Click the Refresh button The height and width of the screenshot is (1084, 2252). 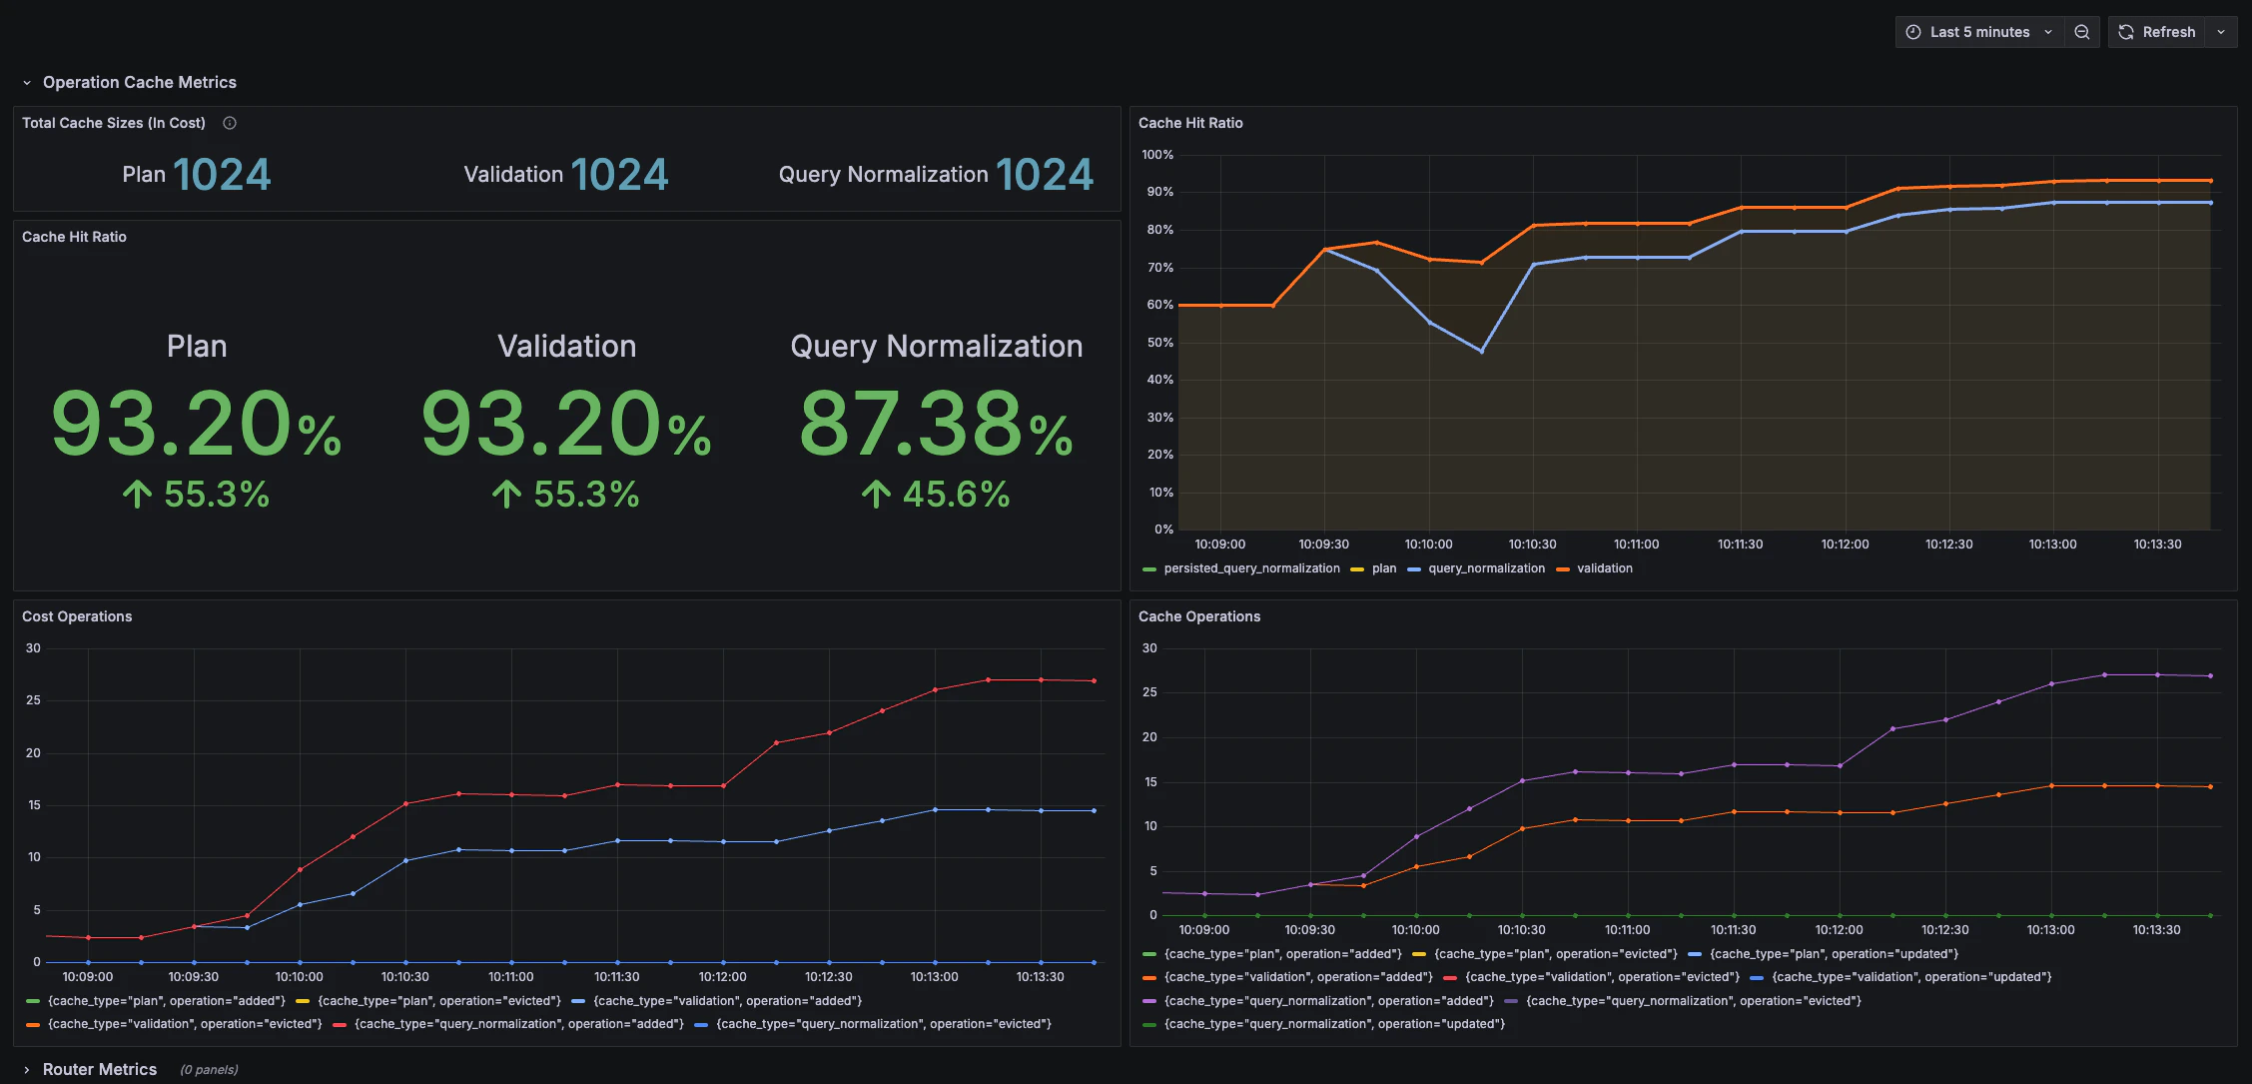pyautogui.click(x=2157, y=32)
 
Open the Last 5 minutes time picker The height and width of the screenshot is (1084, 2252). pyautogui.click(x=1978, y=32)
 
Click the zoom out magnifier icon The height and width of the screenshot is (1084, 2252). pyautogui.click(x=2082, y=32)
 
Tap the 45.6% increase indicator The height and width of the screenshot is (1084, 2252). pyautogui.click(x=936, y=495)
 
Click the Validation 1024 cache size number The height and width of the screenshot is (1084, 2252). pyautogui.click(x=618, y=175)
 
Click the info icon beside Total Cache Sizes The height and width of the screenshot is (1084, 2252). pyautogui.click(x=230, y=123)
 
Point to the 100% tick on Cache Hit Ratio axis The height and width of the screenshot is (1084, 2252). pyautogui.click(x=1157, y=155)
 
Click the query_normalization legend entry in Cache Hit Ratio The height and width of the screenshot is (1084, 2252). pyautogui.click(x=1485, y=568)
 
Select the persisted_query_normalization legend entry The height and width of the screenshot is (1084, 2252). pyautogui.click(x=1250, y=568)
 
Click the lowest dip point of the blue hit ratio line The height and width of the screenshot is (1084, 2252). pyautogui.click(x=1481, y=351)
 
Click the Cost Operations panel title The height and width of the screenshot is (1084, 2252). pyautogui.click(x=77, y=616)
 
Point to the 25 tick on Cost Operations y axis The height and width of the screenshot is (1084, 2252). pyautogui.click(x=34, y=700)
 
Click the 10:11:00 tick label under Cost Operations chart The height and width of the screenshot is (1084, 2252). pyautogui.click(x=510, y=977)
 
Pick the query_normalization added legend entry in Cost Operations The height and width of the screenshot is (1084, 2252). pyautogui.click(x=518, y=1024)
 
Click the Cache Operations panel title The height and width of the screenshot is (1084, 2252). pyautogui.click(x=1198, y=616)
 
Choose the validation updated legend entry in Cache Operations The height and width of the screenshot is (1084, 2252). pyautogui.click(x=1910, y=977)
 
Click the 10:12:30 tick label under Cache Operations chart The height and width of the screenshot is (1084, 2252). pyautogui.click(x=1944, y=930)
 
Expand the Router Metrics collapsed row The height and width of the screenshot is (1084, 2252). pyautogui.click(x=99, y=1069)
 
